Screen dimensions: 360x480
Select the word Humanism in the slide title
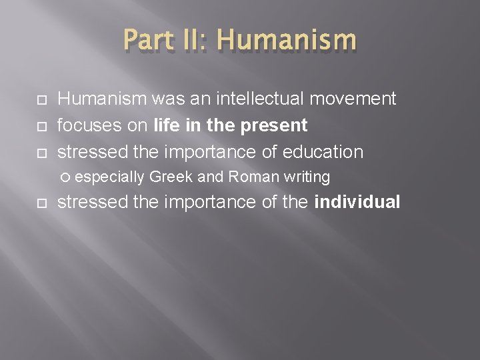click(x=287, y=40)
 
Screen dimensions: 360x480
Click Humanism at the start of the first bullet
click(x=102, y=99)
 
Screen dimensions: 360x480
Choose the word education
click(x=323, y=151)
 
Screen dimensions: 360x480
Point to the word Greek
click(x=171, y=177)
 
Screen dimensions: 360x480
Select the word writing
click(x=307, y=177)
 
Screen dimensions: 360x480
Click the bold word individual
click(x=357, y=202)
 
